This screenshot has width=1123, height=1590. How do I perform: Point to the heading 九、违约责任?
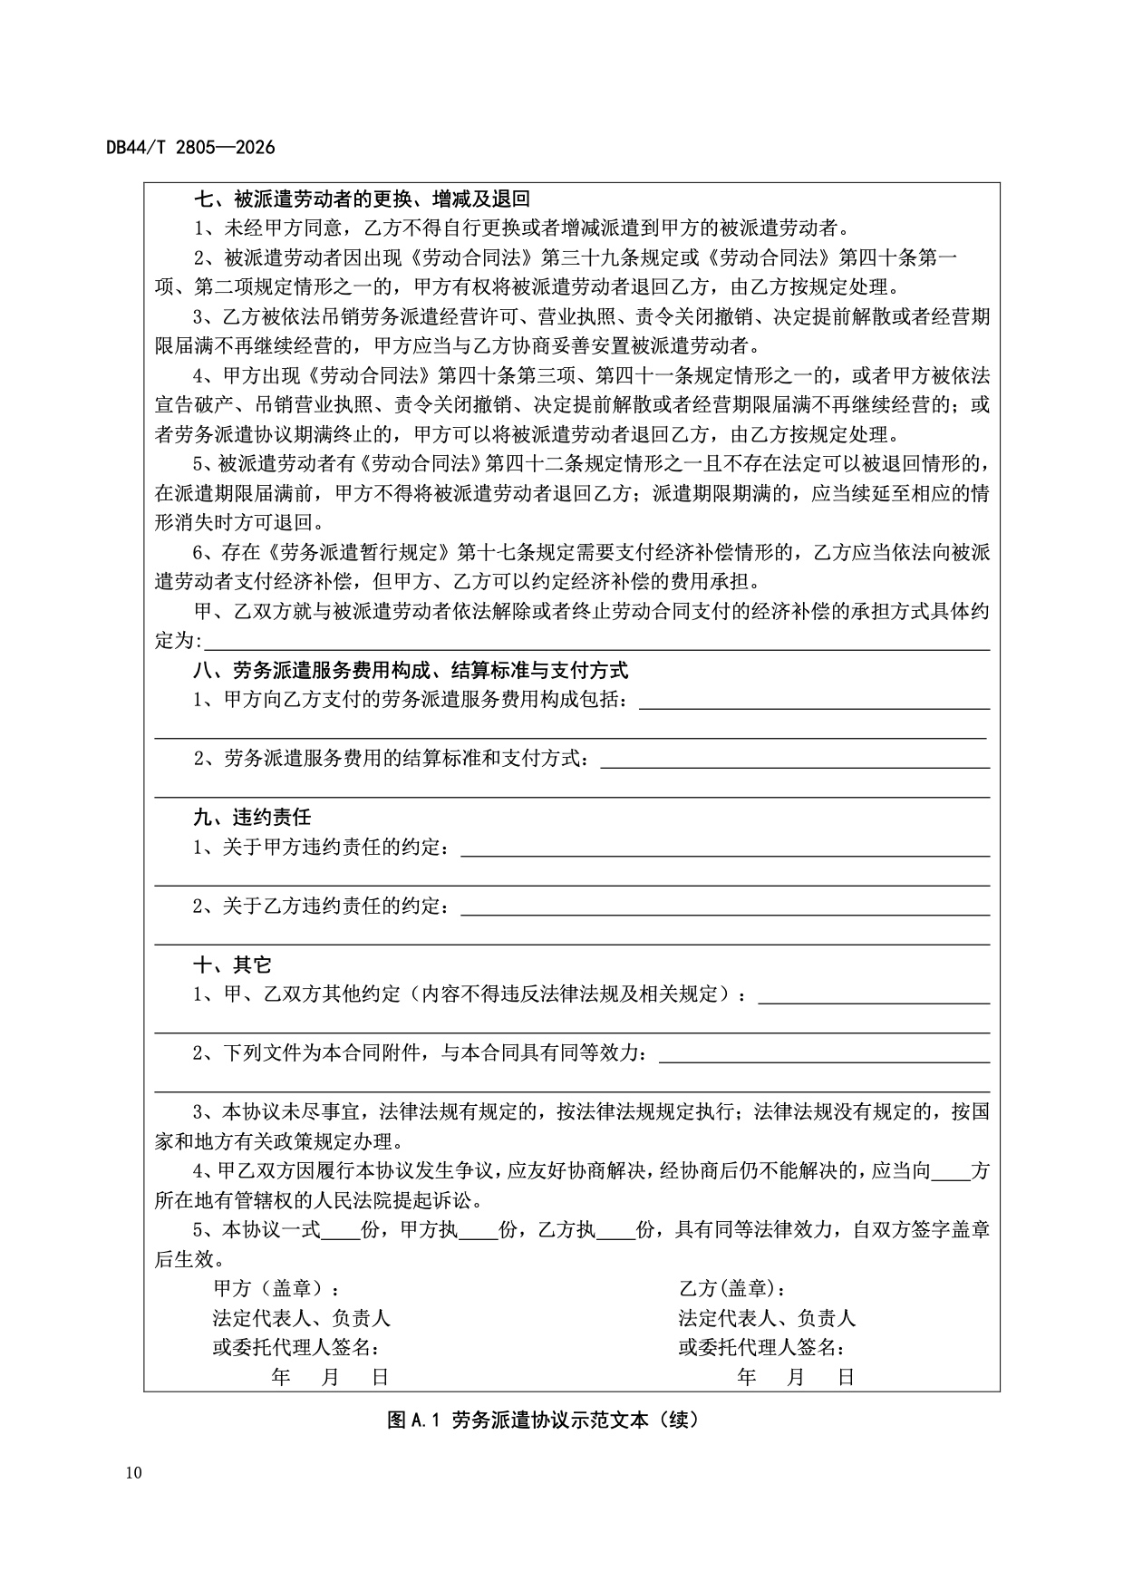click(x=252, y=817)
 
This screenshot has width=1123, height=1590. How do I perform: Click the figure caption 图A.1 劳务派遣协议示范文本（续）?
click(x=542, y=1420)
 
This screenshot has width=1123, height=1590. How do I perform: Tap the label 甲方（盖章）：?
click(x=277, y=1288)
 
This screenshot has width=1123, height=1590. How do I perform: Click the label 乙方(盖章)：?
click(x=732, y=1288)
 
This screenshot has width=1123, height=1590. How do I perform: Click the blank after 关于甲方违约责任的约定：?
click(x=725, y=848)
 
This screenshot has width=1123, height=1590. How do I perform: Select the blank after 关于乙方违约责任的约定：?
click(x=725, y=906)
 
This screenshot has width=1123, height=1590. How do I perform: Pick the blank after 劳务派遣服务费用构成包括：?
click(x=814, y=702)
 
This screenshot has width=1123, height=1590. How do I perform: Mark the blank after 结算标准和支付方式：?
click(x=794, y=760)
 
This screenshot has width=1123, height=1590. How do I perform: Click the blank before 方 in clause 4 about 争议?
click(x=950, y=1172)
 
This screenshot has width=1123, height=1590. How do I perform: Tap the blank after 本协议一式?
click(x=341, y=1231)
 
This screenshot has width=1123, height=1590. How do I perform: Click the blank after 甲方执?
click(x=479, y=1231)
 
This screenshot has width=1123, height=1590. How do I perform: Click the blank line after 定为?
click(x=596, y=642)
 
